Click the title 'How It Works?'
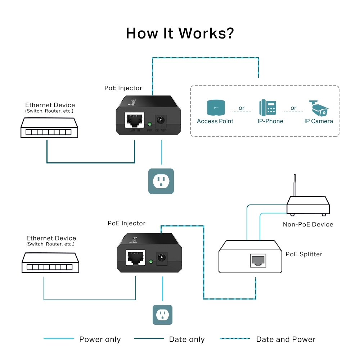pyautogui.click(x=180, y=33)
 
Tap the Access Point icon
pyautogui.click(x=215, y=108)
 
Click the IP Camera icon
pyautogui.click(x=318, y=108)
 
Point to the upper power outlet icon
pyautogui.click(x=161, y=181)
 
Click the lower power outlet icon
pyautogui.click(x=162, y=315)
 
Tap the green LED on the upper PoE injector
pyautogui.click(x=149, y=125)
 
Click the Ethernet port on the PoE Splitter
pyautogui.click(x=258, y=260)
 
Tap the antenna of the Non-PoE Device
pyautogui.click(x=295, y=186)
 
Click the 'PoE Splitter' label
pyautogui.click(x=304, y=254)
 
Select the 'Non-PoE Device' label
pyautogui.click(x=308, y=225)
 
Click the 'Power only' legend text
pyautogui.click(x=100, y=339)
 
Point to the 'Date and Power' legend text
pyautogui.click(x=285, y=339)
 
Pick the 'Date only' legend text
pyautogui.click(x=186, y=339)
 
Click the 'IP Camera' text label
pyautogui.click(x=318, y=121)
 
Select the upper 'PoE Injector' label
pyautogui.click(x=123, y=88)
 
